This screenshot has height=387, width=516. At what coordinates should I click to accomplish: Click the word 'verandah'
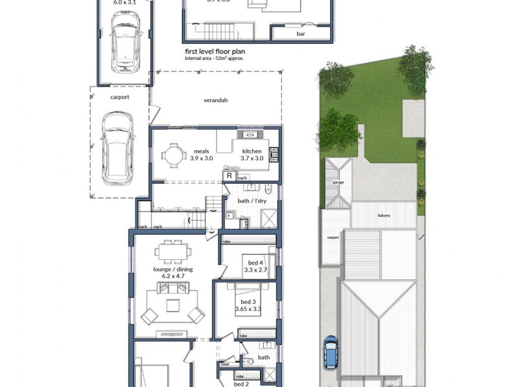point(216,101)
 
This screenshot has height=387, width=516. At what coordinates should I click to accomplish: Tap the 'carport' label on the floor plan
point(119,97)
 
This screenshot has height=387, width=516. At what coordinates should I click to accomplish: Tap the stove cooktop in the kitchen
point(273,154)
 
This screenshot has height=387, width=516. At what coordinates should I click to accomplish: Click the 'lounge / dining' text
point(172,270)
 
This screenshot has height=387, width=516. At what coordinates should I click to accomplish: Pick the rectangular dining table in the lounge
point(172,250)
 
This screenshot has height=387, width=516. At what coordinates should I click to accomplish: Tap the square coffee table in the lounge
point(172,305)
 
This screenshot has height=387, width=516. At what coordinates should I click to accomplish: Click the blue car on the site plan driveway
point(330,352)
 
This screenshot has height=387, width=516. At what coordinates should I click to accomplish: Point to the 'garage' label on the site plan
point(338,183)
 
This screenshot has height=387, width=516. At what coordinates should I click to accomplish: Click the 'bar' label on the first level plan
point(301,34)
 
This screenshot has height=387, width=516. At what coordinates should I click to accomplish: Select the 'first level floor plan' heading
point(215,50)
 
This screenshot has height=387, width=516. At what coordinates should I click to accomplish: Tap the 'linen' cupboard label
point(225,365)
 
